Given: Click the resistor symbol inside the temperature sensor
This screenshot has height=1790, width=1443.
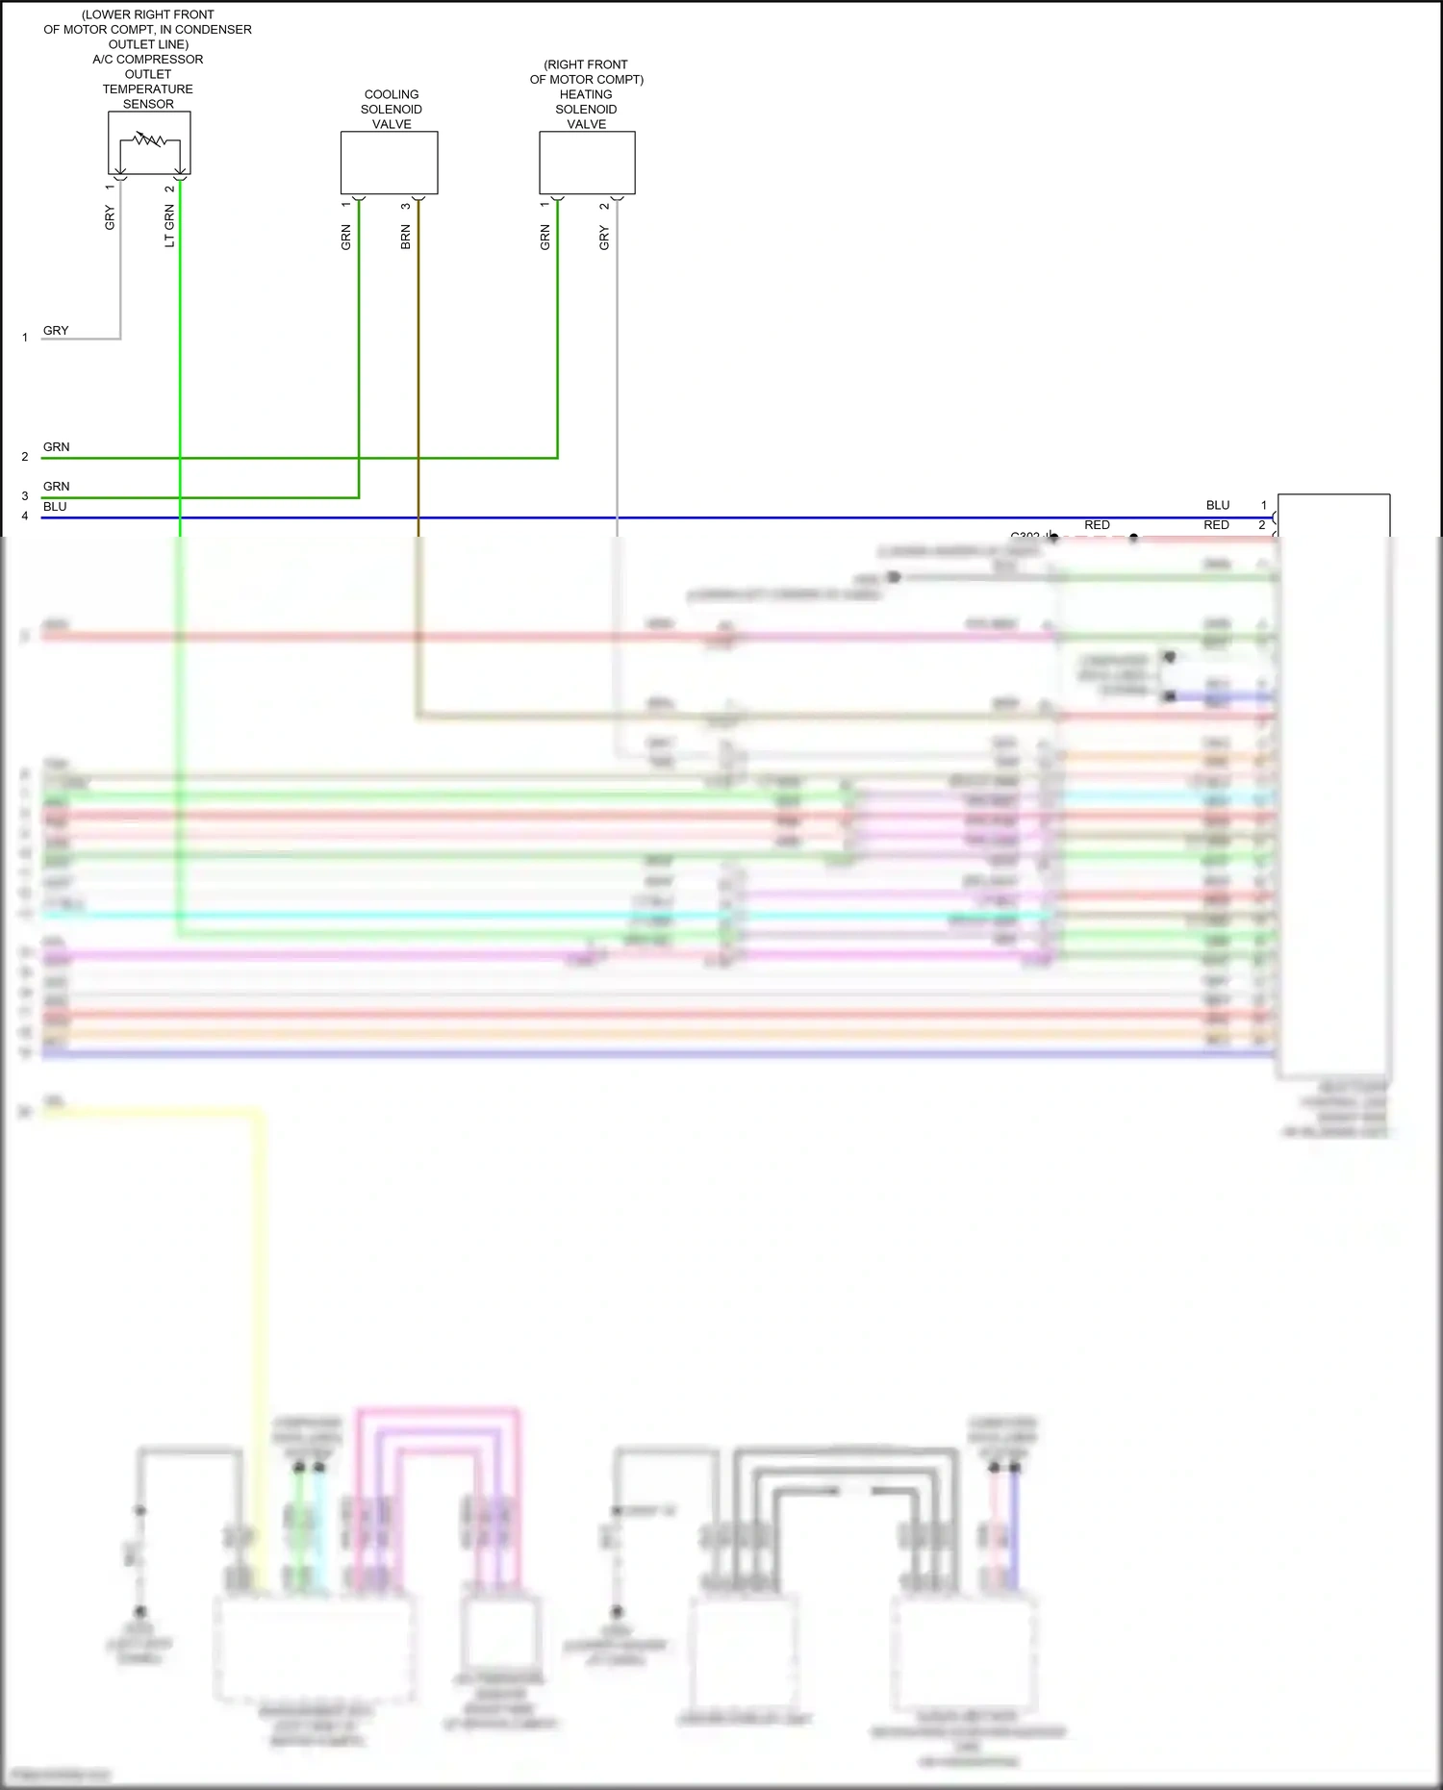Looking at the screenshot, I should [x=149, y=140].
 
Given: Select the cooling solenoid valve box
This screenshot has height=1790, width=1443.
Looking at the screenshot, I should [x=389, y=163].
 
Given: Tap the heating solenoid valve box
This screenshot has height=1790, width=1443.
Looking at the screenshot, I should [x=587, y=163].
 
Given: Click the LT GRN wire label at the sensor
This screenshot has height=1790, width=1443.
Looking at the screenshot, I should [x=170, y=227].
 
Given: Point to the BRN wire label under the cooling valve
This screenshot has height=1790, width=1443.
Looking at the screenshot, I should [x=406, y=238].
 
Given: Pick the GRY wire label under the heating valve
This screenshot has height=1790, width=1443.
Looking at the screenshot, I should [x=604, y=238].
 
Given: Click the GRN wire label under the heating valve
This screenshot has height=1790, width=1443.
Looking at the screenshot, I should [x=545, y=238].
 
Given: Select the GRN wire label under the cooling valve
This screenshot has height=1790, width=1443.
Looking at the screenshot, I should [x=346, y=238].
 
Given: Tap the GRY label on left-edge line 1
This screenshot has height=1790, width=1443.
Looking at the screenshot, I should [x=56, y=331].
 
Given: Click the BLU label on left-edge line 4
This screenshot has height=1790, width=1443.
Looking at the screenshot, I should [x=55, y=507].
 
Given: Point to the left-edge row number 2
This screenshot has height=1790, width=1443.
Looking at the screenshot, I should [x=25, y=457].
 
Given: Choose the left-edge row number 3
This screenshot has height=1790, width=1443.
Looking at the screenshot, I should [x=25, y=496].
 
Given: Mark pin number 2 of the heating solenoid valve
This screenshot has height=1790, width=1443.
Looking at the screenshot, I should [x=604, y=206].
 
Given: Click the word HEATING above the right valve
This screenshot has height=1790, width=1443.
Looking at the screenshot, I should [x=586, y=94].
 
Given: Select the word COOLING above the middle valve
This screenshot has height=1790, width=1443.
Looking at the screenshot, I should [x=392, y=94].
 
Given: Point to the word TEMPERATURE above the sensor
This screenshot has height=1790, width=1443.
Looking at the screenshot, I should [x=148, y=89].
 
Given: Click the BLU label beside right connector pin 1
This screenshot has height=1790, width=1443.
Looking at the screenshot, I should [x=1218, y=505].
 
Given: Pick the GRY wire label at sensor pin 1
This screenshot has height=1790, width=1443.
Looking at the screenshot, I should [x=110, y=217].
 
